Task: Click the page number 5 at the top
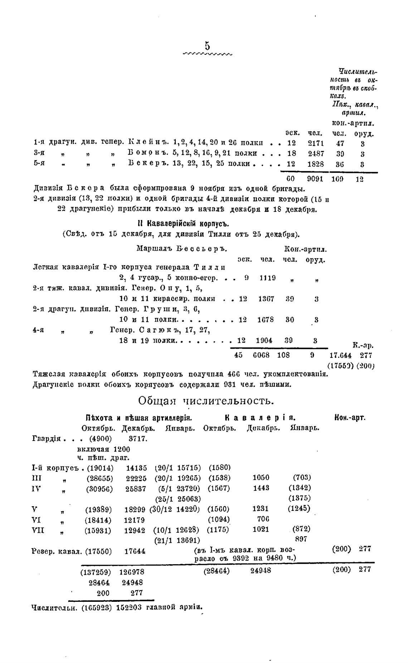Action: [x=207, y=46]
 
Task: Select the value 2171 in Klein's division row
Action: [x=316, y=143]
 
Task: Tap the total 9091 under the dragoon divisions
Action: [x=315, y=179]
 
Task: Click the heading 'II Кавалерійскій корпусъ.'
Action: [x=183, y=223]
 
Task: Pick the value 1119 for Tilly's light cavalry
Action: [x=267, y=277]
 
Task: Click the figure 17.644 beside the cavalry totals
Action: [x=340, y=355]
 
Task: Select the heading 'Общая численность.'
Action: [x=206, y=401]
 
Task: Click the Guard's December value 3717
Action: [x=137, y=438]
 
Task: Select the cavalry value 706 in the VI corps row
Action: [x=263, y=519]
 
